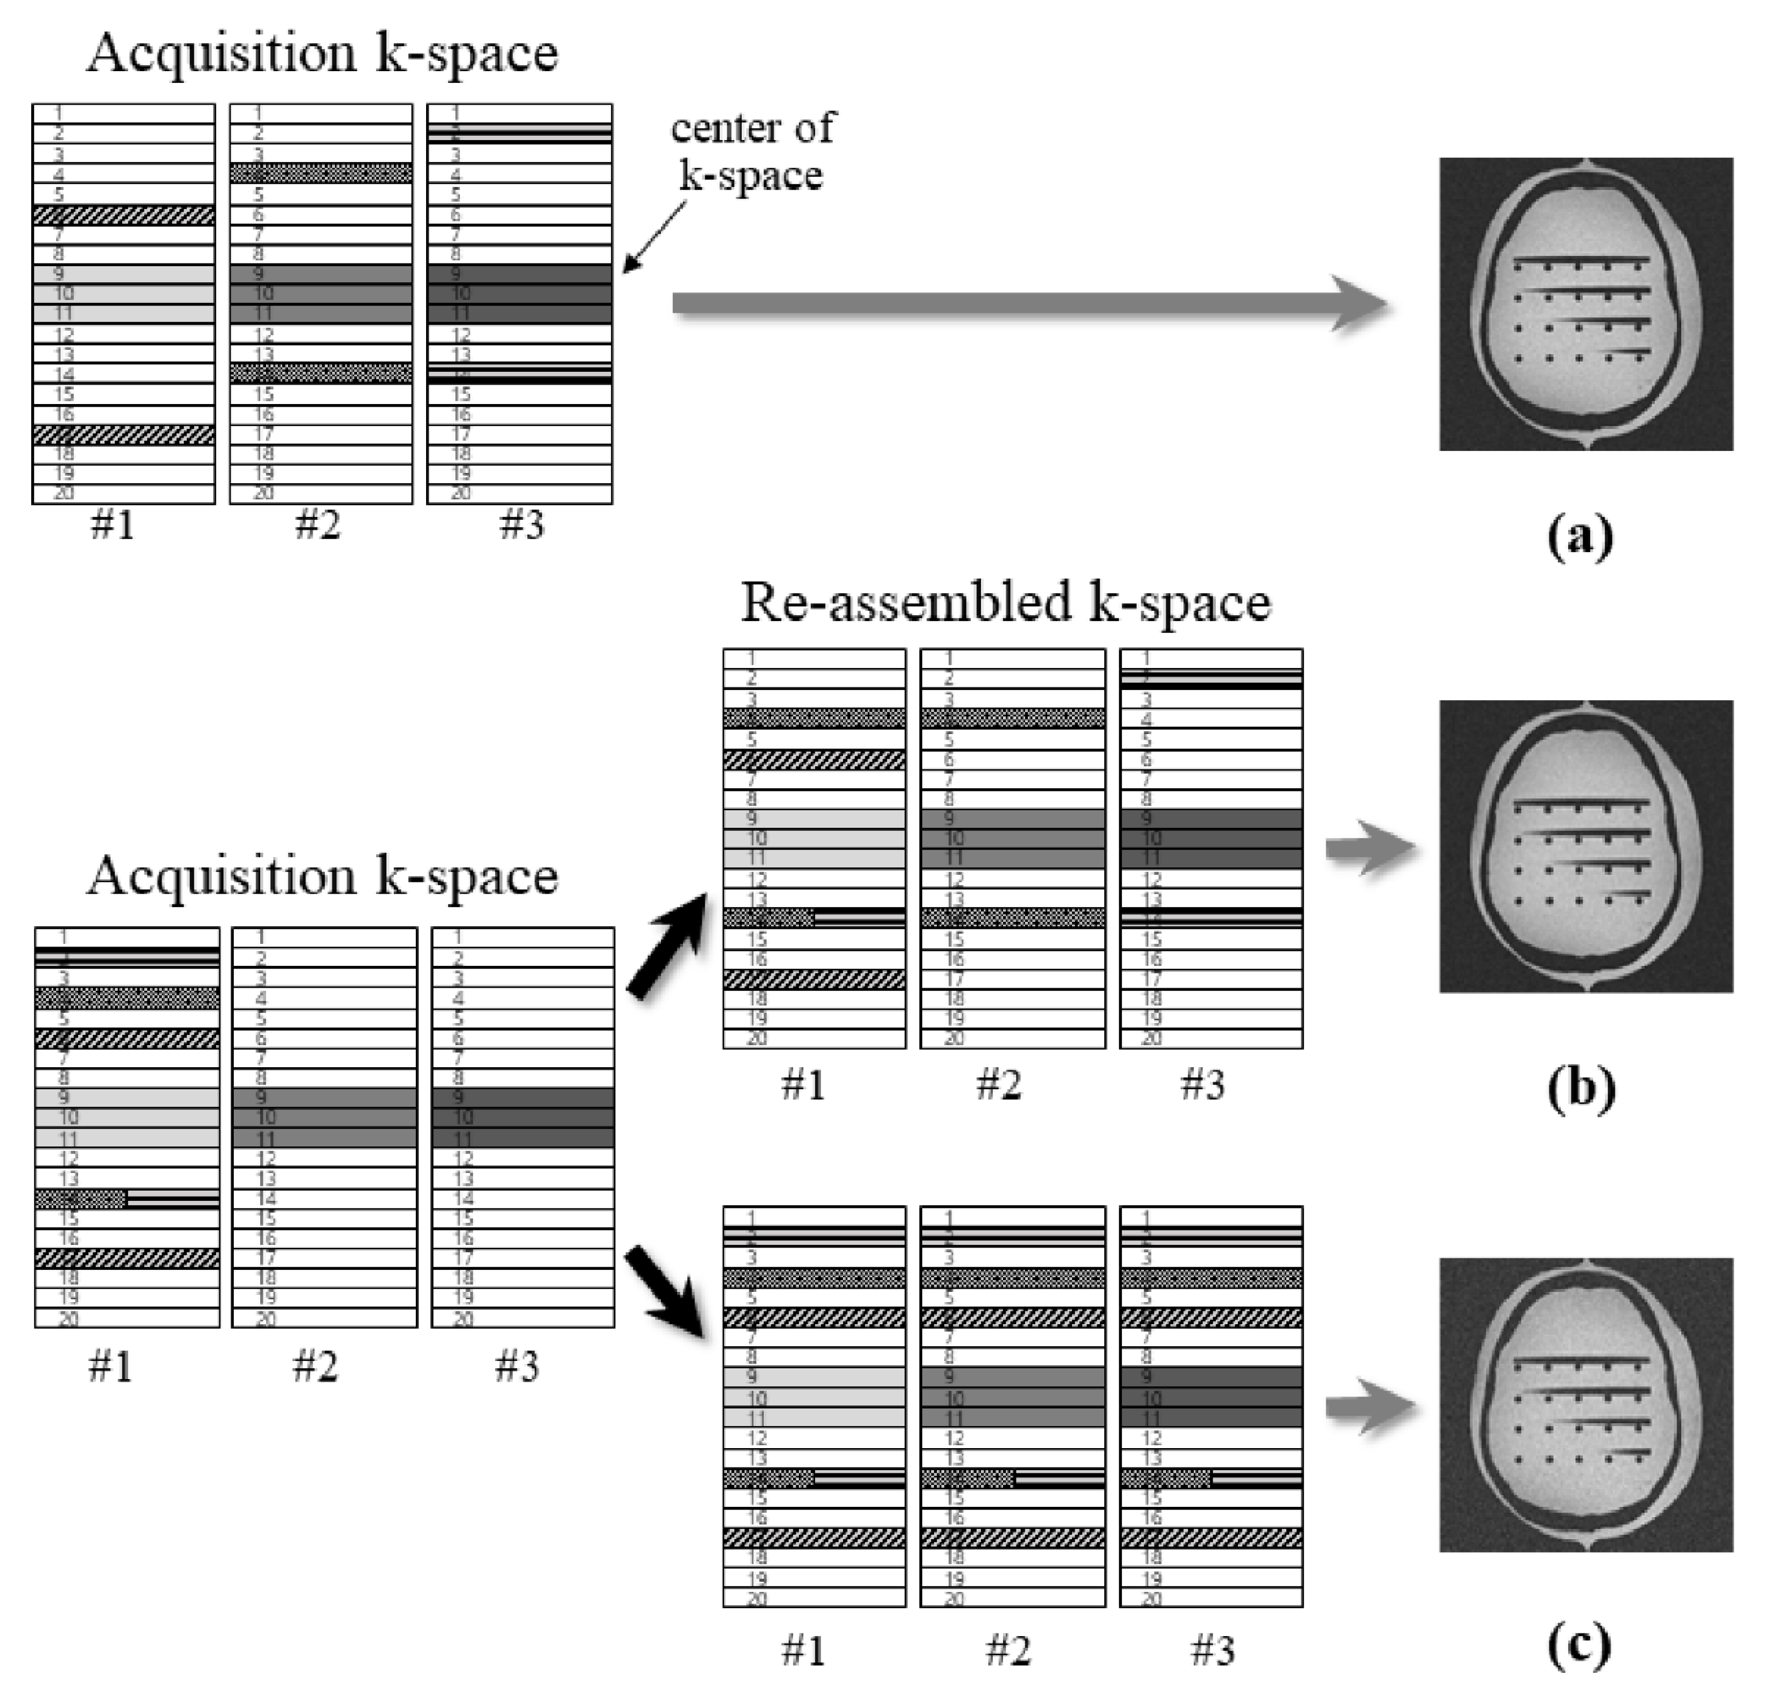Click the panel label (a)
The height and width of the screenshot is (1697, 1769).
coord(1579,538)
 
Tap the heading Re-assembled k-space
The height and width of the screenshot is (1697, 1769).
coord(1006,603)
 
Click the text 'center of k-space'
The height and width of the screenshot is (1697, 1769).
coord(752,151)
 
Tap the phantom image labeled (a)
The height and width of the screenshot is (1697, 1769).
coord(1586,304)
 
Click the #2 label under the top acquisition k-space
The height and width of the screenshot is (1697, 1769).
coord(318,524)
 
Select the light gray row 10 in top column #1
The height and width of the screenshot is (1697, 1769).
coord(124,294)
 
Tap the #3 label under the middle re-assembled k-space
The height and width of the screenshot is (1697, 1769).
coord(1202,1085)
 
